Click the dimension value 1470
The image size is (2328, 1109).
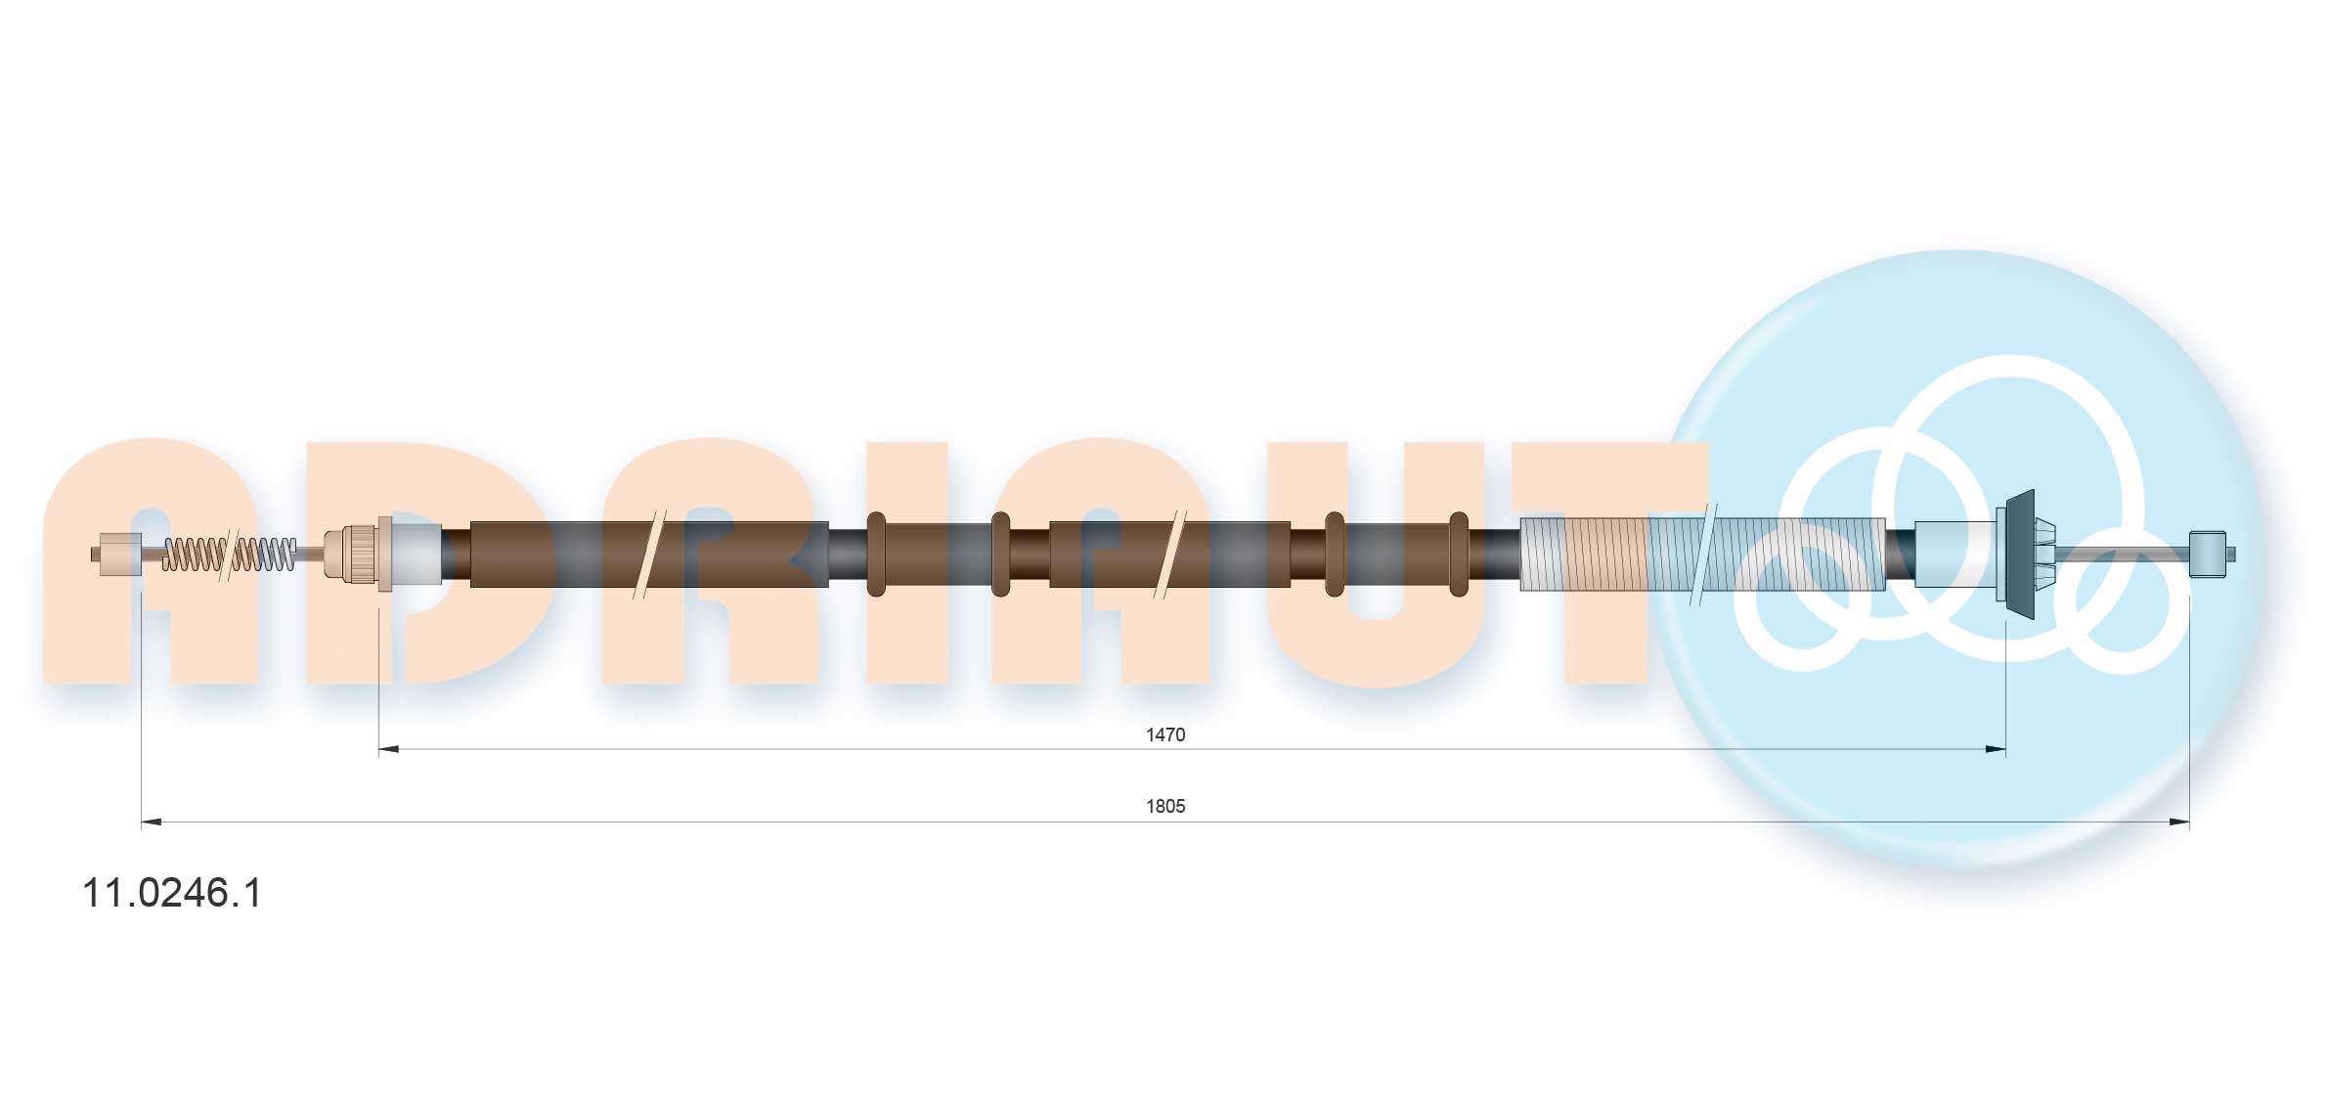point(1164,734)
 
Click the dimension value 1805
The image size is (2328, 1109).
point(1164,806)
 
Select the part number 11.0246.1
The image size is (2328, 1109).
point(172,893)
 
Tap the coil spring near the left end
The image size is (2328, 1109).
point(229,554)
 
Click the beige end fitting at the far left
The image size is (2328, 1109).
point(117,554)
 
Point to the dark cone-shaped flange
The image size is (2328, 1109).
point(2020,554)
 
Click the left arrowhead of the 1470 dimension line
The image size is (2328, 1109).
point(388,749)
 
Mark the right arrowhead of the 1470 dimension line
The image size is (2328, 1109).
point(1996,749)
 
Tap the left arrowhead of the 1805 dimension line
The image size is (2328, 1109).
point(152,821)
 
